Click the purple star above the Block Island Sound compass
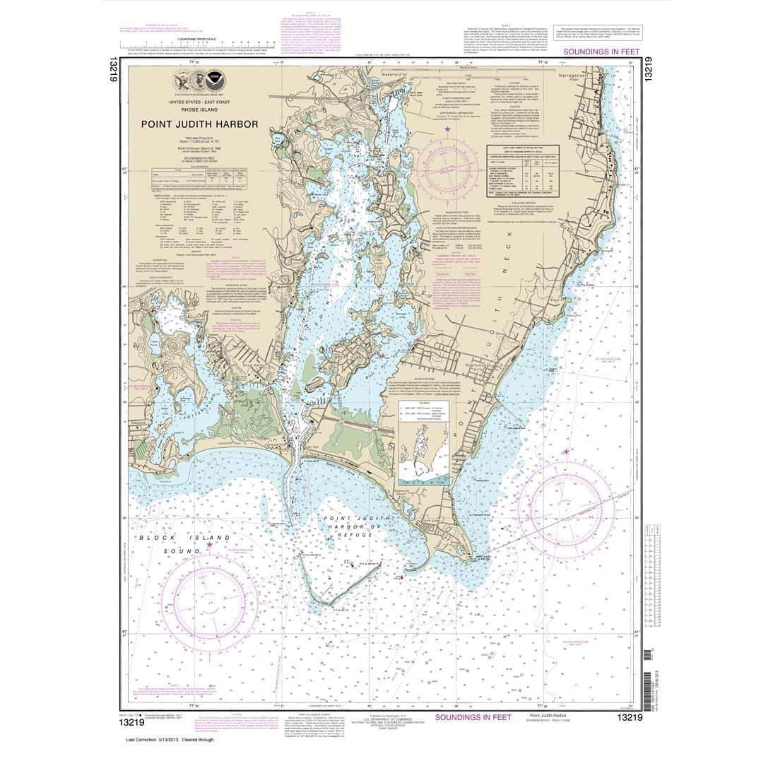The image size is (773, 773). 209,544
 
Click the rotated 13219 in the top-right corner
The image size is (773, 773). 647,73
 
